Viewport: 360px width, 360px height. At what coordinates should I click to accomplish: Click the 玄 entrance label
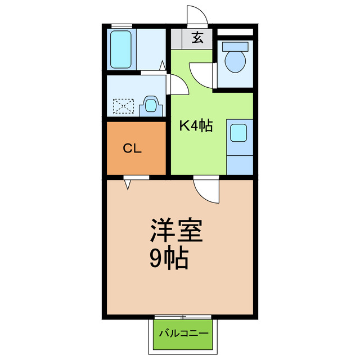click(x=197, y=38)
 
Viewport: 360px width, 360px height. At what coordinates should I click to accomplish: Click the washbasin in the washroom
click(x=150, y=105)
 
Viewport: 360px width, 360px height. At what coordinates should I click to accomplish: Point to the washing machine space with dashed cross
click(x=124, y=106)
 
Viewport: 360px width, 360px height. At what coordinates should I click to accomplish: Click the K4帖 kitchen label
click(x=196, y=126)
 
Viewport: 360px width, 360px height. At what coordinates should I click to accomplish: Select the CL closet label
click(x=132, y=149)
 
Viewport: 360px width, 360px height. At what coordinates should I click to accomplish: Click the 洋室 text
click(x=175, y=231)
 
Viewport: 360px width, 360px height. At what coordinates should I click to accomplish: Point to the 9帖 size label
click(x=169, y=258)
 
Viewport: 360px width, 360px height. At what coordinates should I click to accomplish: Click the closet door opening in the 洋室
click(x=129, y=181)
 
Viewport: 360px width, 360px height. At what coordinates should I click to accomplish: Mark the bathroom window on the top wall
click(x=121, y=25)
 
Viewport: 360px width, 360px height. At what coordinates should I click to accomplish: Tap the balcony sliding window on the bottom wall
click(x=183, y=317)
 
